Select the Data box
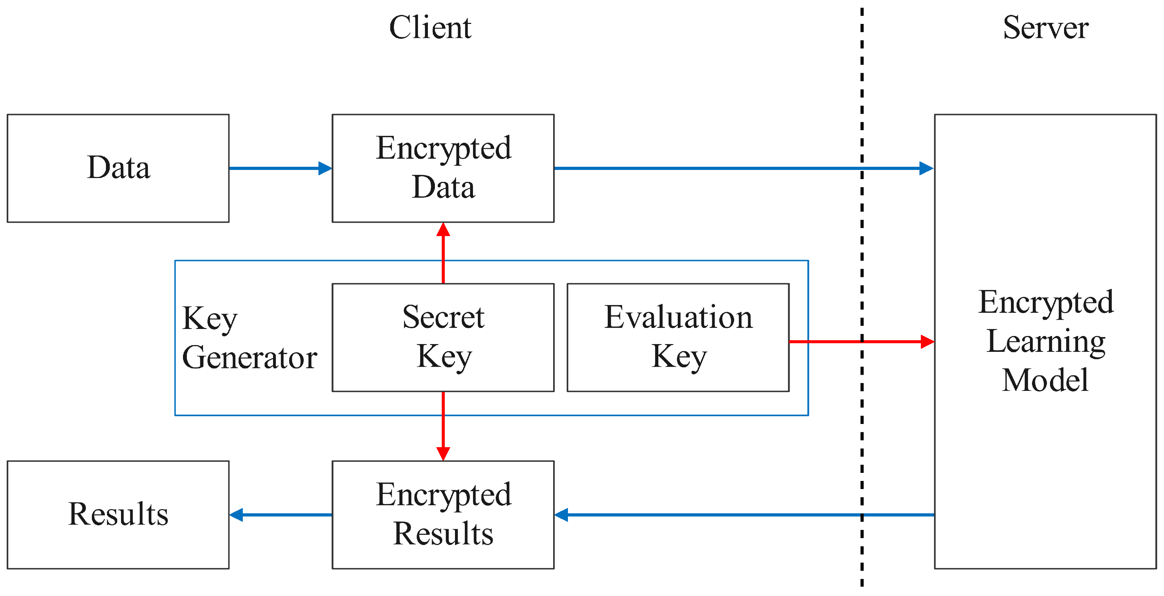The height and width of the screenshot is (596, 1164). point(118,168)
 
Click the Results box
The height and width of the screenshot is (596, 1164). point(118,514)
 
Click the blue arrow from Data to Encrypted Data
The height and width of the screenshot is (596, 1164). point(280,168)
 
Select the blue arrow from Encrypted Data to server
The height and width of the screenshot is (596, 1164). point(741,168)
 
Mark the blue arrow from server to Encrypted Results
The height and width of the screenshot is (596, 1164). point(741,514)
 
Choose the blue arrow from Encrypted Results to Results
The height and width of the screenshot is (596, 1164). point(280,514)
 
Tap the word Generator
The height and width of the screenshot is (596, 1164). point(249,357)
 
